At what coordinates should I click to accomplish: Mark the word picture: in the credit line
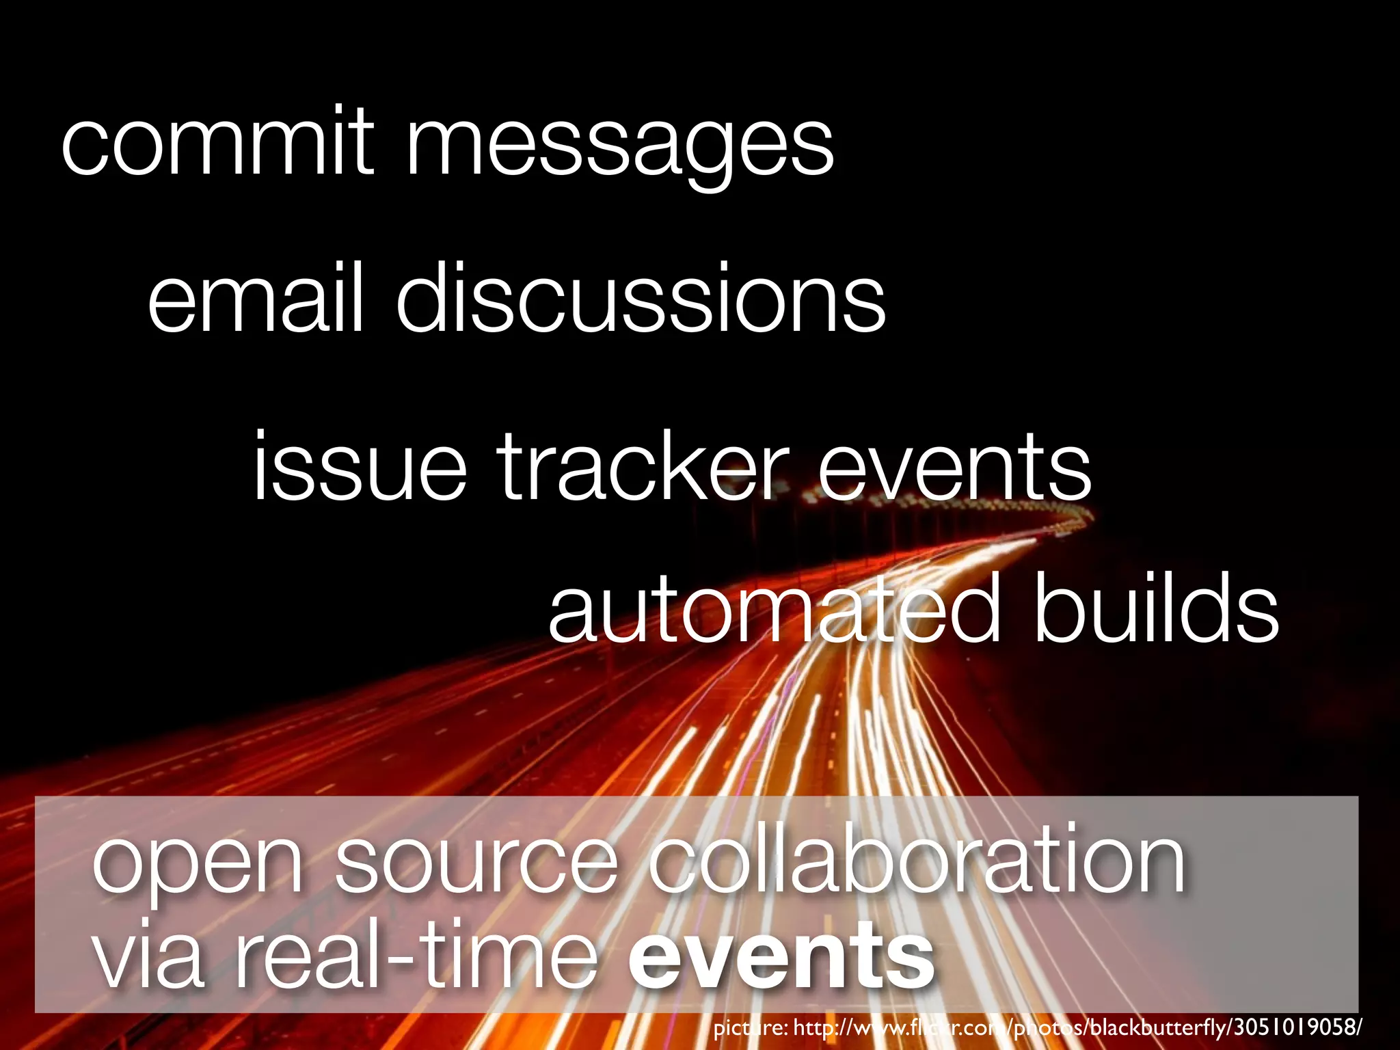750,1028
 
